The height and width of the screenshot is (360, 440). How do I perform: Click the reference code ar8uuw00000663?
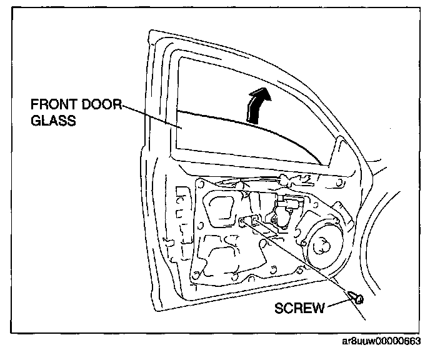(x=382, y=341)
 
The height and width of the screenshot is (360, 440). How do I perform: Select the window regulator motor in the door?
(x=279, y=212)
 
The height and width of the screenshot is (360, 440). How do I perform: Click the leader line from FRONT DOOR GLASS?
(x=150, y=116)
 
